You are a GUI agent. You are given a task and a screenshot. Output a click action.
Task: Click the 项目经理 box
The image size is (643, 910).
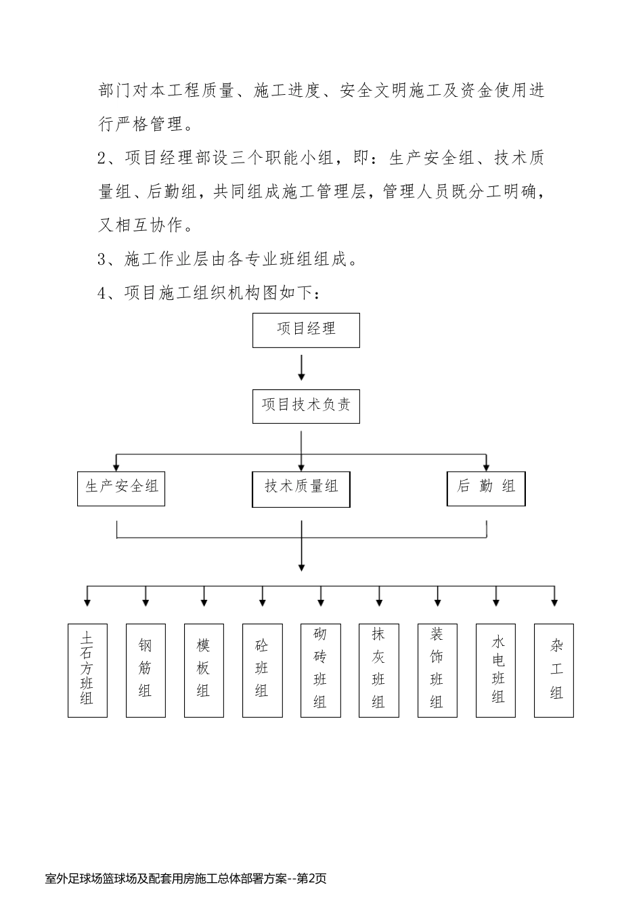pyautogui.click(x=306, y=330)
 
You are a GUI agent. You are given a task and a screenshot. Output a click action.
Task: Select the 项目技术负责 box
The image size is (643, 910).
pyautogui.click(x=306, y=406)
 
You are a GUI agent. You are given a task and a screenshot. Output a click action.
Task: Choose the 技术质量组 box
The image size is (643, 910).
pyautogui.click(x=301, y=488)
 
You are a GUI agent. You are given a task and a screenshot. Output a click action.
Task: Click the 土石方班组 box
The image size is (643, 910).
pyautogui.click(x=87, y=670)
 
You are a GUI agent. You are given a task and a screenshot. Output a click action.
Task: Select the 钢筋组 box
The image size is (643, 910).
pyautogui.click(x=146, y=670)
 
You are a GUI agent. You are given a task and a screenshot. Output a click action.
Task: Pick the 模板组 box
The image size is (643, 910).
pyautogui.click(x=204, y=670)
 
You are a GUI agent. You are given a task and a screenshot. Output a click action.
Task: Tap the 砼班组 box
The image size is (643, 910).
pyautogui.click(x=262, y=670)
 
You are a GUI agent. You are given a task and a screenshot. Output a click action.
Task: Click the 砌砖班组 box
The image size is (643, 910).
pyautogui.click(x=320, y=670)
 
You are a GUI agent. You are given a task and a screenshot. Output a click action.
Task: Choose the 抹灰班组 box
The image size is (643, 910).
pyautogui.click(x=378, y=670)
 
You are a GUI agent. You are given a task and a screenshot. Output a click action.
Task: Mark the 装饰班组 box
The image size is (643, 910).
pyautogui.click(x=437, y=670)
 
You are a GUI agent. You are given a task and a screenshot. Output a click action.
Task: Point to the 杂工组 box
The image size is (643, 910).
pyautogui.click(x=554, y=670)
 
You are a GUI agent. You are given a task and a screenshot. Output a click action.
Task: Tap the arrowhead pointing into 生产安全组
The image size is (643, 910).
pyautogui.click(x=117, y=466)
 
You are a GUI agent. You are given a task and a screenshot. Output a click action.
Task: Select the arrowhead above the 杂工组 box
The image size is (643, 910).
pyautogui.click(x=554, y=601)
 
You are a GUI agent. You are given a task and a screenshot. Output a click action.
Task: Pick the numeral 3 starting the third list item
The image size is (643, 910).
pyautogui.click(x=104, y=259)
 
